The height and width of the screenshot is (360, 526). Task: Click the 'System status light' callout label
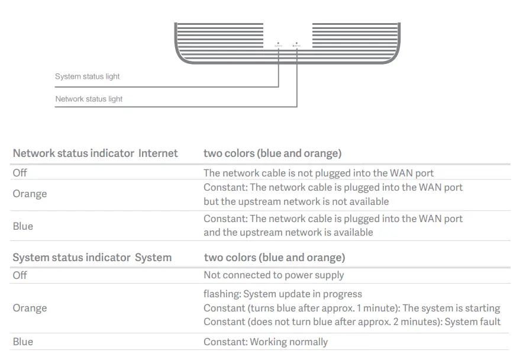point(87,76)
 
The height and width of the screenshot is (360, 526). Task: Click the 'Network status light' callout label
point(89,99)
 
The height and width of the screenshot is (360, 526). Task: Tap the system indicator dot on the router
point(279,43)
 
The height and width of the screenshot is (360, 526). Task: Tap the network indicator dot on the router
point(296,43)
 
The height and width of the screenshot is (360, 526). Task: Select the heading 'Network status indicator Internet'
point(95,153)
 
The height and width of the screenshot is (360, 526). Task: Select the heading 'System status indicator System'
point(92,258)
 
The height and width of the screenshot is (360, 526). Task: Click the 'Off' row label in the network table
point(20,173)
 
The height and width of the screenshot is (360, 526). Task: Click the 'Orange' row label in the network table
point(30,194)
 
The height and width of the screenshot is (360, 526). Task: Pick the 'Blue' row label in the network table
point(23,226)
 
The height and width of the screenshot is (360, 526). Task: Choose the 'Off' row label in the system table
point(20,275)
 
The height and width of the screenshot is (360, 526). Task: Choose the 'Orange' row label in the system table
point(30,308)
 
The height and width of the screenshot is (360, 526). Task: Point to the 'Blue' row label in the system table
point(23,342)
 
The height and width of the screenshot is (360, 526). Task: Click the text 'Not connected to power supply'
point(273,275)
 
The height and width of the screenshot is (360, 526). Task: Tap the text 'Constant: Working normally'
point(265,342)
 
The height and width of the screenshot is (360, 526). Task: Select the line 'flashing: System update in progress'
point(282,294)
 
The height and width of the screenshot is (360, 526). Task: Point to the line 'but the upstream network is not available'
point(296,201)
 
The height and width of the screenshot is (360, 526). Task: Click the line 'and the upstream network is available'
point(288,233)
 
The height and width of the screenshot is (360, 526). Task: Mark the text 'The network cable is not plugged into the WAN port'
point(318,173)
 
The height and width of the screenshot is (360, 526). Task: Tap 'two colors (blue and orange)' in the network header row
point(272,153)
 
